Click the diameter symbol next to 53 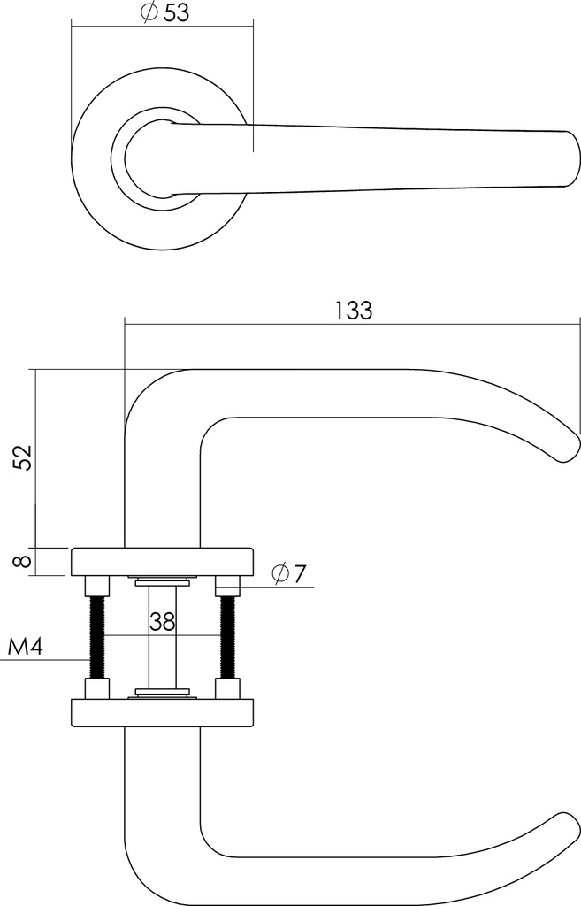pyautogui.click(x=149, y=12)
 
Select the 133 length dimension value pyautogui.click(x=354, y=311)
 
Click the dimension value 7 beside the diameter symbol pyautogui.click(x=298, y=574)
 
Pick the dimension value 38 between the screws pyautogui.click(x=162, y=621)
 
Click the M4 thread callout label pyautogui.click(x=25, y=647)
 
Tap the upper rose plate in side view pyautogui.click(x=162, y=562)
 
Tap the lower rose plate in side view pyautogui.click(x=162, y=712)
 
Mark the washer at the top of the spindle pyautogui.click(x=162, y=582)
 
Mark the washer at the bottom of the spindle pyautogui.click(x=162, y=692)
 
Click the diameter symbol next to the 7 pyautogui.click(x=279, y=574)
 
